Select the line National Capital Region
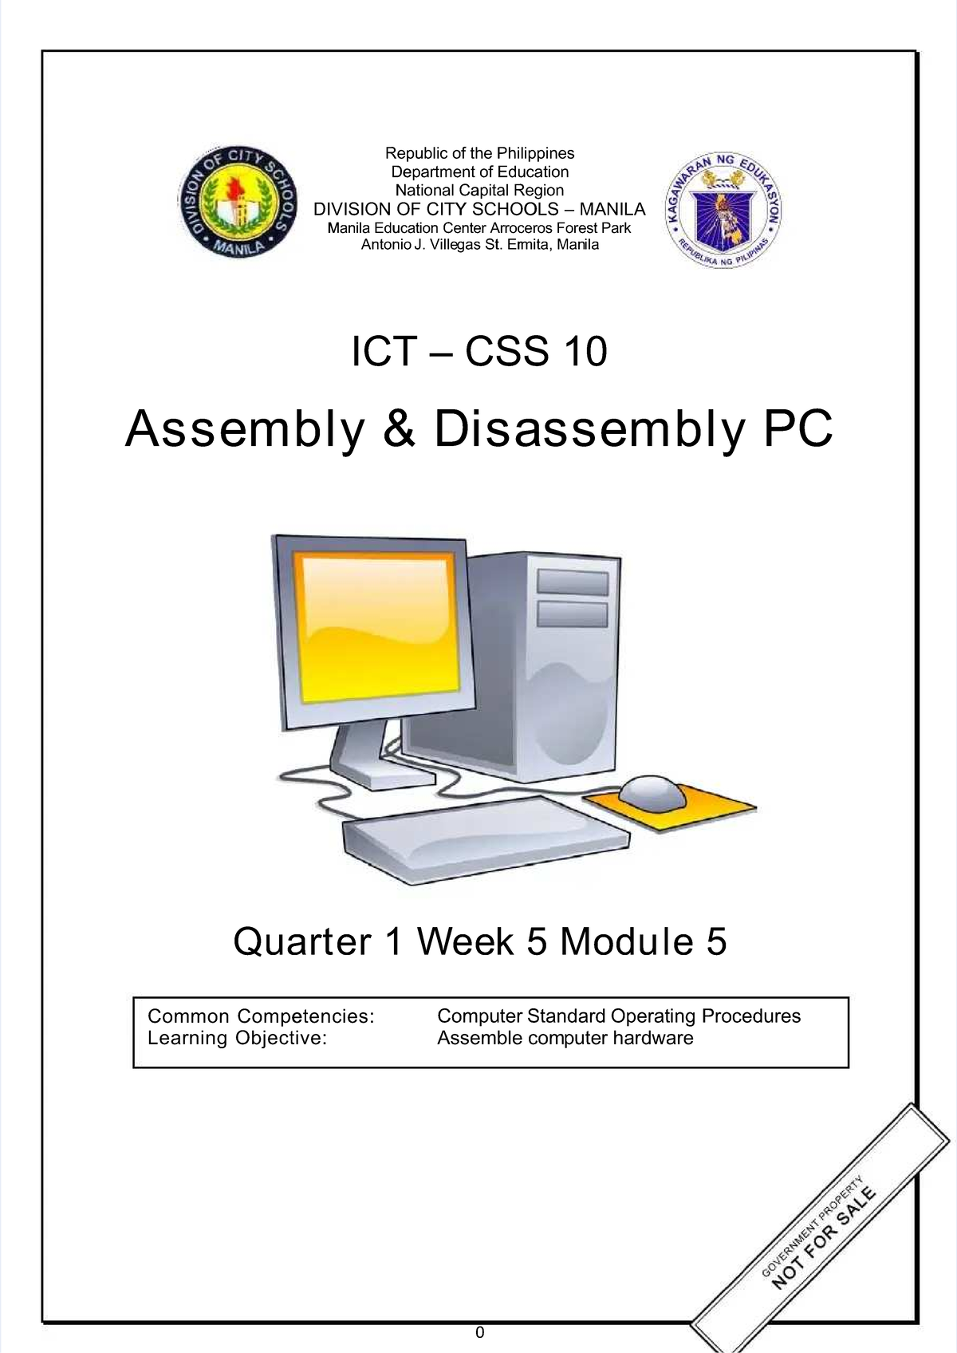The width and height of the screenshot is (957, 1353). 479,190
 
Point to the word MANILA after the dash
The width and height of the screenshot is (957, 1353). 612,209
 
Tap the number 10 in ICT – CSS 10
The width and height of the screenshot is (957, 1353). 585,351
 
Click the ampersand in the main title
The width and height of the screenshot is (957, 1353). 399,428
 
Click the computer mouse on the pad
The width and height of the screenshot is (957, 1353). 652,792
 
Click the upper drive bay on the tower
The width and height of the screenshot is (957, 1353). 573,582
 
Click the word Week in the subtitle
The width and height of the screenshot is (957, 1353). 465,941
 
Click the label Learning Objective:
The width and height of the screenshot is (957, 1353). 237,1039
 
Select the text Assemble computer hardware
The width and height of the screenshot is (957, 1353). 565,1039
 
